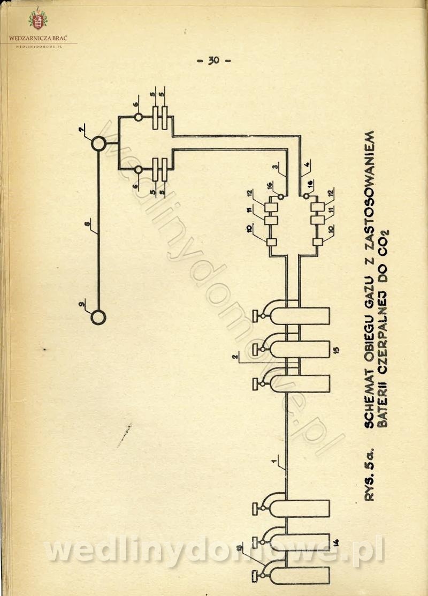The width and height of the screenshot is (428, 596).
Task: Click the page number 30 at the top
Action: click(x=213, y=61)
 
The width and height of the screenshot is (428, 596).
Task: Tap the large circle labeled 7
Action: click(x=98, y=144)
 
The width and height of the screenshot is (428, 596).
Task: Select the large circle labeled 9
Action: click(x=98, y=317)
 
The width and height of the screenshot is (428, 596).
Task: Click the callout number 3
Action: click(x=274, y=168)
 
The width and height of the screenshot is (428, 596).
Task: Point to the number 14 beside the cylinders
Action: click(x=336, y=542)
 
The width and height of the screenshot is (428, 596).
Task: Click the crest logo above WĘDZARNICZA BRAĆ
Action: click(x=37, y=21)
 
